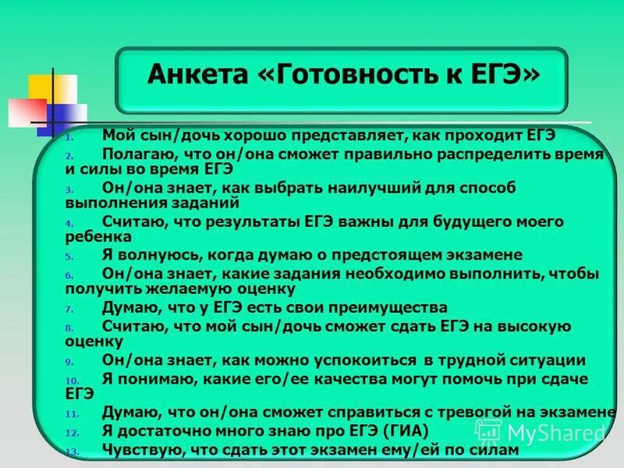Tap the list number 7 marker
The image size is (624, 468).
(69, 309)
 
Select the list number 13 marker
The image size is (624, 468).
(70, 452)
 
